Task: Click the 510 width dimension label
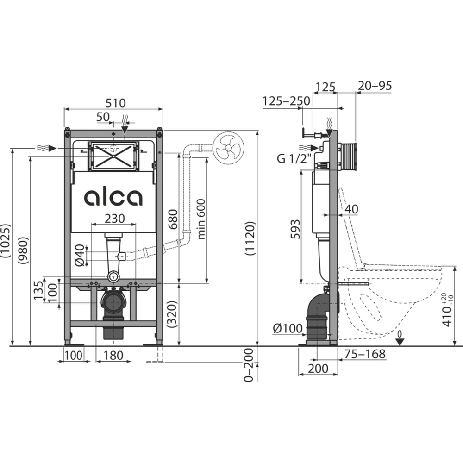point(116,103)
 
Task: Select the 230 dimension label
point(114,219)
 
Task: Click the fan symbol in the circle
point(228,148)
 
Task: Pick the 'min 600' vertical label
point(201,219)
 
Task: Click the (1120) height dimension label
point(250,238)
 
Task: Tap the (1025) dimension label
point(6,241)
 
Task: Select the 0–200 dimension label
point(249,365)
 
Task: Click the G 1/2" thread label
point(294,158)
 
